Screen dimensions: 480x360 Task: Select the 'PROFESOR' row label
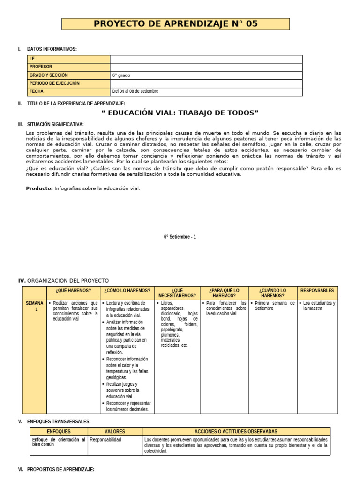click(41, 67)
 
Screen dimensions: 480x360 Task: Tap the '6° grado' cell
click(121, 75)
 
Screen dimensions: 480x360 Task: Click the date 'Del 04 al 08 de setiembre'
click(135, 91)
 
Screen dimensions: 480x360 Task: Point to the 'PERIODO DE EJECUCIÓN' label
click(54, 83)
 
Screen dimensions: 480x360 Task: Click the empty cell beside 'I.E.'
click(206, 59)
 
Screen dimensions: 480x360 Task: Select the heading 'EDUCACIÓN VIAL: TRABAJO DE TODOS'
click(180, 113)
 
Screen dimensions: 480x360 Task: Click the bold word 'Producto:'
click(39, 188)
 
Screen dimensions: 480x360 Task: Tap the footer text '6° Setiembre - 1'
click(180, 237)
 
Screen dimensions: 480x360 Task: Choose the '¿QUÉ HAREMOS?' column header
click(73, 291)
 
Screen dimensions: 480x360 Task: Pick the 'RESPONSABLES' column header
click(317, 291)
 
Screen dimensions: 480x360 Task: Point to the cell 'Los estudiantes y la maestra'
click(319, 306)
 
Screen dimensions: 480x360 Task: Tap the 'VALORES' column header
click(114, 431)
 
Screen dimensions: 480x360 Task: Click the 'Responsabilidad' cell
click(105, 440)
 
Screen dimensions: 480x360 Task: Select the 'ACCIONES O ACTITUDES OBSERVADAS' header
click(236, 431)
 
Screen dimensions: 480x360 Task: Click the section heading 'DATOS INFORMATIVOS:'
click(52, 49)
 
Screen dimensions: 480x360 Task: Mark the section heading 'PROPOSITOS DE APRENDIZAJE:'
click(61, 469)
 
